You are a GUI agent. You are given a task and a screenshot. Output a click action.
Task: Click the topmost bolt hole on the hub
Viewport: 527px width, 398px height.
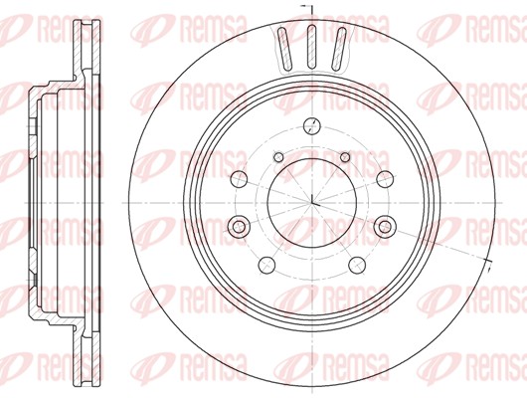point(311,125)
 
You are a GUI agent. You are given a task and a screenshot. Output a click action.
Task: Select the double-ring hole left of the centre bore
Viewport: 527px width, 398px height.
point(239,228)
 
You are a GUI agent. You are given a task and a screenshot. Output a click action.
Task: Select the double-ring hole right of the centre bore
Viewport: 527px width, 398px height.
point(385,228)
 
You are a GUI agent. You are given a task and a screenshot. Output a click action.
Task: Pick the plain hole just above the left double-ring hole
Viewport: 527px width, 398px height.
point(239,179)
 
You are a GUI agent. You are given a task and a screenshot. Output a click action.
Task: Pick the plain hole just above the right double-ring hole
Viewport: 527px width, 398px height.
point(385,179)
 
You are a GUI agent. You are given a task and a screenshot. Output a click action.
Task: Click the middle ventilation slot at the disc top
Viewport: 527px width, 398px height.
point(311,44)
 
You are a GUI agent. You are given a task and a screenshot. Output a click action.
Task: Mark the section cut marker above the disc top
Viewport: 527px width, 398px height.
point(305,11)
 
